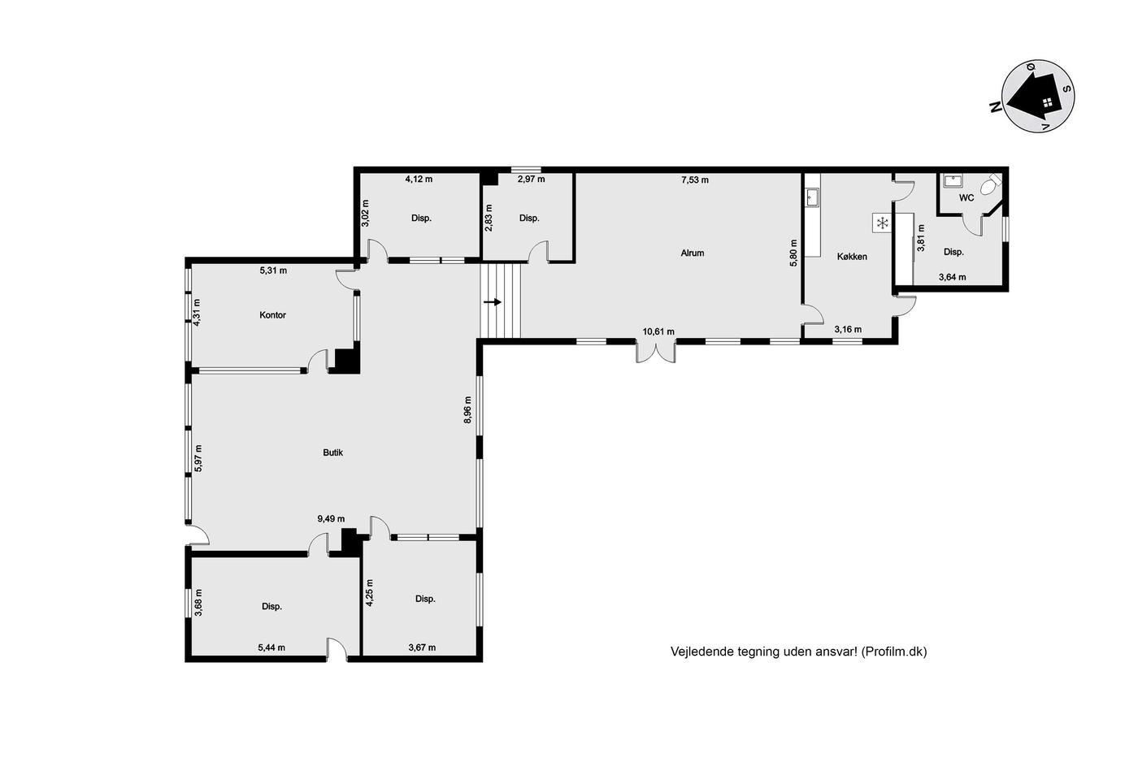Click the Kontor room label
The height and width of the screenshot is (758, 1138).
click(x=272, y=315)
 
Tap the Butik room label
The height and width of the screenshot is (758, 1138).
click(x=332, y=453)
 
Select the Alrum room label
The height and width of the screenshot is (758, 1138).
click(x=693, y=253)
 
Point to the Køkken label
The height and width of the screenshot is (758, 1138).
click(x=852, y=257)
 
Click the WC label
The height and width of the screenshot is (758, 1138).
click(x=966, y=198)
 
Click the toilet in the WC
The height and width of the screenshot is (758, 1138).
click(x=991, y=184)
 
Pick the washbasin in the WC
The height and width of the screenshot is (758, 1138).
click(x=953, y=181)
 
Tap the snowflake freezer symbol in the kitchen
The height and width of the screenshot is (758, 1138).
click(x=883, y=223)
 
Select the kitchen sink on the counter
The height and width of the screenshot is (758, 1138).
click(x=812, y=197)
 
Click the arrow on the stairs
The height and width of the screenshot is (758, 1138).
click(x=493, y=302)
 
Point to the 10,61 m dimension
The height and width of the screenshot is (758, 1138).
click(x=658, y=332)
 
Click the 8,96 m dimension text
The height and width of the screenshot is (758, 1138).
click(x=467, y=409)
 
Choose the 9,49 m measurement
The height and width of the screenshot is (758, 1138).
click(x=331, y=519)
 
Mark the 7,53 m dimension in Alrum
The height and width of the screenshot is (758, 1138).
click(x=695, y=180)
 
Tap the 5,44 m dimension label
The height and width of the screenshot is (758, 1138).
click(x=271, y=648)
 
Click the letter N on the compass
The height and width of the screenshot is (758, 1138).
click(x=996, y=107)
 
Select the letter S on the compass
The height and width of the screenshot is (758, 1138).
click(x=1066, y=89)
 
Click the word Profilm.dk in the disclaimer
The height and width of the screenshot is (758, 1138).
click(x=893, y=652)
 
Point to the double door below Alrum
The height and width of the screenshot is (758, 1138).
click(x=656, y=352)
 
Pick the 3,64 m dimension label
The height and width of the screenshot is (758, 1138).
click(x=952, y=277)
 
